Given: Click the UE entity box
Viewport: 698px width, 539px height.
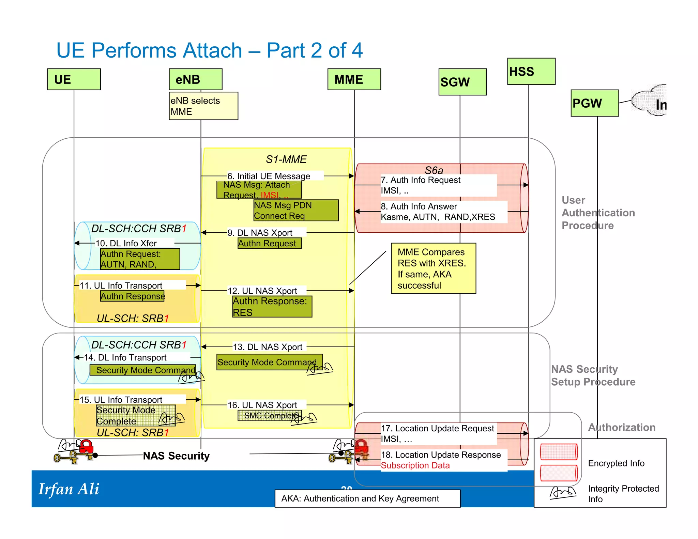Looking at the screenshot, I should [74, 79].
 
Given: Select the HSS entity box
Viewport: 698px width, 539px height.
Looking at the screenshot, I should [531, 72].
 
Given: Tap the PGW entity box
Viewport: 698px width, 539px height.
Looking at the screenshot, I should [594, 103].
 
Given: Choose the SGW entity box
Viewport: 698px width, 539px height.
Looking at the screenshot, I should [462, 82].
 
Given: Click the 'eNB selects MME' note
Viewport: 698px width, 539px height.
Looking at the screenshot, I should [203, 106].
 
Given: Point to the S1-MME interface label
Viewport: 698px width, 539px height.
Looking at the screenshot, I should [286, 159].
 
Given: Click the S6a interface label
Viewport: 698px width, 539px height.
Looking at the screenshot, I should [434, 170].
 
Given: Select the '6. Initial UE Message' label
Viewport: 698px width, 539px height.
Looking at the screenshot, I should [269, 176].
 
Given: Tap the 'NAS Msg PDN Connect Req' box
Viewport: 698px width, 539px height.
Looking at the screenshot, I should [296, 211].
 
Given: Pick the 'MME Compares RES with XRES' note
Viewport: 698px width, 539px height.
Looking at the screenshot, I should [433, 268].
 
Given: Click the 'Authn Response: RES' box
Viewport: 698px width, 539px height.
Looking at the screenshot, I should [272, 307].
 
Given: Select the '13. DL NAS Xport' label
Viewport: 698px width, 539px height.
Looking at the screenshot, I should [268, 347].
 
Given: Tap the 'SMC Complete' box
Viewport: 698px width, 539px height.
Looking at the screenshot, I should [269, 416].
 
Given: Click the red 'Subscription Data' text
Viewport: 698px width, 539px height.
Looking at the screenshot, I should [415, 465].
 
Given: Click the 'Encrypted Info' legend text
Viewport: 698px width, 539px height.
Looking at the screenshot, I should [616, 463].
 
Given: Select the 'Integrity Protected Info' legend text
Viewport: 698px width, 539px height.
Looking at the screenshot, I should [623, 494].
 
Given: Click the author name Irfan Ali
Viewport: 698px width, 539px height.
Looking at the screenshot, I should [69, 489].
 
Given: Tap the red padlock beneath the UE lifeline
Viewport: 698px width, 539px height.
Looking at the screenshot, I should [86, 446].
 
